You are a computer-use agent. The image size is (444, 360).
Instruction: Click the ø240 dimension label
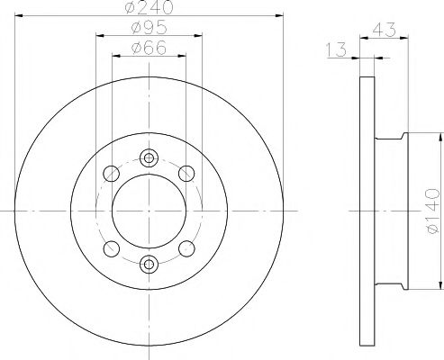coord(149,9)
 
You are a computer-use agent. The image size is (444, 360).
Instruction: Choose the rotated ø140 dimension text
coord(430,210)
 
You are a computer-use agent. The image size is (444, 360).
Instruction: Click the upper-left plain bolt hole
coord(112,174)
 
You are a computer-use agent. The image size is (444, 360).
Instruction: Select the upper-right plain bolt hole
coord(186,174)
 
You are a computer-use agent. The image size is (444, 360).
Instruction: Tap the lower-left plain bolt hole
coord(112,247)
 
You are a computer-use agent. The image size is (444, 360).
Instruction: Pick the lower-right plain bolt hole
coord(186,247)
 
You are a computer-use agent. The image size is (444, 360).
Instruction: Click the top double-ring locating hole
coord(149,158)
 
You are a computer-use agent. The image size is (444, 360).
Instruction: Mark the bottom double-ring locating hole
coord(149,263)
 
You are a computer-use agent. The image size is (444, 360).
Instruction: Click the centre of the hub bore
coord(149,210)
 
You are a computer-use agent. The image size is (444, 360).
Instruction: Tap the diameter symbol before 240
coord(131,9)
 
